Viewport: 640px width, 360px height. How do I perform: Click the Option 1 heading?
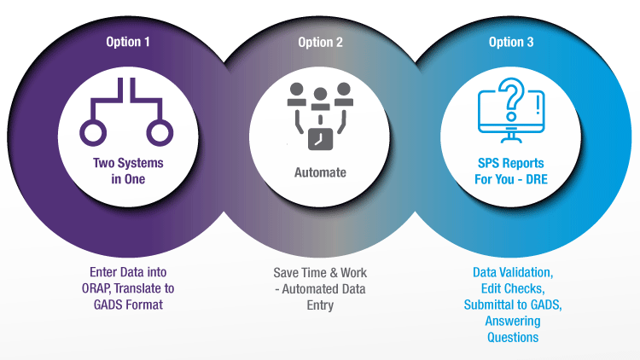(x=128, y=42)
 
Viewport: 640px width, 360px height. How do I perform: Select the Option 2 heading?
(x=320, y=42)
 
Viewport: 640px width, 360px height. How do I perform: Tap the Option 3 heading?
(x=511, y=42)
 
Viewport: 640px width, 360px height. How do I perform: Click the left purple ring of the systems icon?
(x=93, y=132)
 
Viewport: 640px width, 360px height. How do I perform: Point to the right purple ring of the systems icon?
(x=160, y=132)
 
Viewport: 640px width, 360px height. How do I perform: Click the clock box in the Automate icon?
(x=320, y=139)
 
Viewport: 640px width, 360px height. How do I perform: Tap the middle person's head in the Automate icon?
(x=320, y=95)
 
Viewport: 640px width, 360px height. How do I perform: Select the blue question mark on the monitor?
(x=512, y=99)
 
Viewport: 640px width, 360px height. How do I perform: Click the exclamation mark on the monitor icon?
(x=538, y=104)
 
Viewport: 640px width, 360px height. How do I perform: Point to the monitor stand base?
(x=511, y=141)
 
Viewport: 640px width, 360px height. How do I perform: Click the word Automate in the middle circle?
(x=320, y=172)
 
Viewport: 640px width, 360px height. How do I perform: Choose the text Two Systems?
(x=128, y=163)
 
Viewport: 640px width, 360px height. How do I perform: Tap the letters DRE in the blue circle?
(x=536, y=179)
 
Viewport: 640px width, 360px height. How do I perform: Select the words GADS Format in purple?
(x=128, y=305)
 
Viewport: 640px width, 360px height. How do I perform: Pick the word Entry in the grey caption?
(x=320, y=305)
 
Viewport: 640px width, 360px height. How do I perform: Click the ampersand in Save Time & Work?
(x=334, y=273)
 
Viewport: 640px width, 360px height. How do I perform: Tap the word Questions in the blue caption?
(x=513, y=338)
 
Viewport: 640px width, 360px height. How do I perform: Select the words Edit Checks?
(x=513, y=288)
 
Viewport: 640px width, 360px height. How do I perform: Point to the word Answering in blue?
(x=513, y=322)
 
